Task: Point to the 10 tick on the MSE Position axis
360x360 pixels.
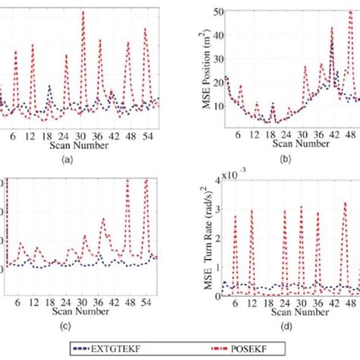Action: pyautogui.click(x=215, y=106)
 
